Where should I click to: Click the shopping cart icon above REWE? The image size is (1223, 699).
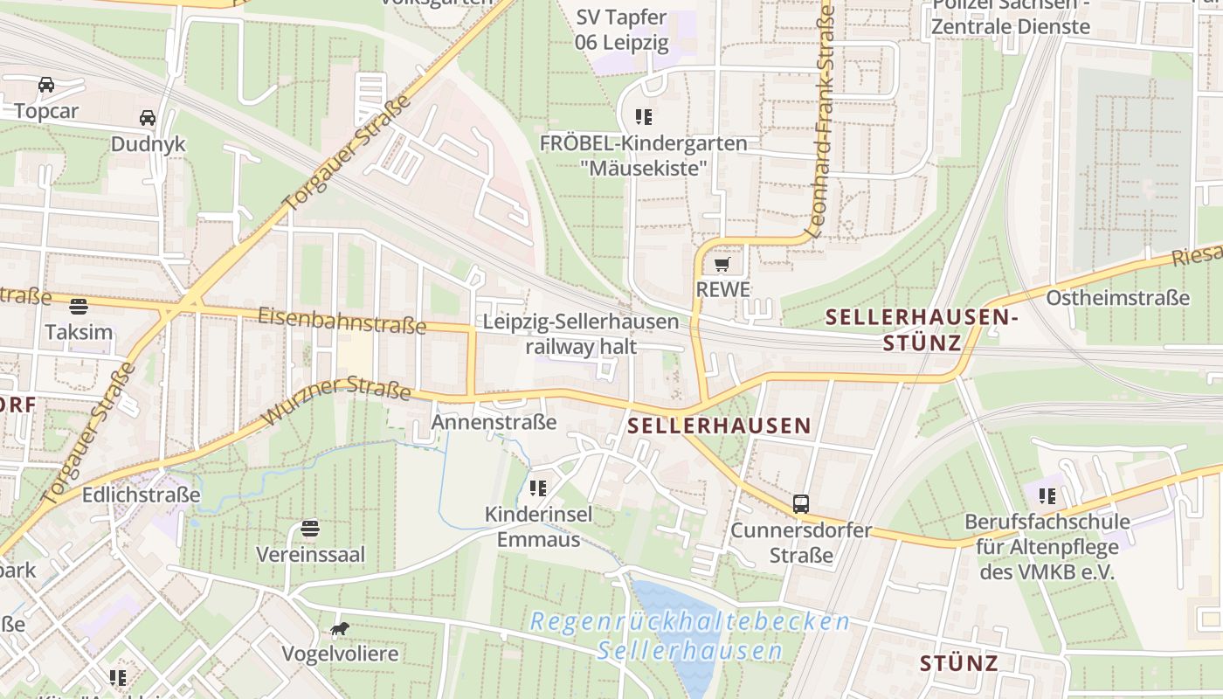tap(722, 264)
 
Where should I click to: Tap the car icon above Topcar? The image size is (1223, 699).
tap(46, 85)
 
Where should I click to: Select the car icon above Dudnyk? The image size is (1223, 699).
tap(148, 117)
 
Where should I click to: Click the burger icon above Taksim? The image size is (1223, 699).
tap(79, 306)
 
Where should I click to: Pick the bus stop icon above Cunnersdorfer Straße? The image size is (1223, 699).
tap(801, 503)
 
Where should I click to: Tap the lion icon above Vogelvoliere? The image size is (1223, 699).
tap(340, 628)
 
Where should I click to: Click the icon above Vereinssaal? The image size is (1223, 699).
tap(310, 529)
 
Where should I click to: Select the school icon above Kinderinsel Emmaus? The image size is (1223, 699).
tap(538, 488)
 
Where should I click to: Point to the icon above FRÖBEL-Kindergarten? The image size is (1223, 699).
tap(644, 116)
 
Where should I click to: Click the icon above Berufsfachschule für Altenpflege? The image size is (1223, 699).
tap(1047, 496)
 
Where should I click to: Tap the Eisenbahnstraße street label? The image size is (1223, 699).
tap(342, 321)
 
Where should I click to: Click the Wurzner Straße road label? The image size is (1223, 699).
tap(336, 399)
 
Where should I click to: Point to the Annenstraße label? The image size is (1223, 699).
tap(494, 423)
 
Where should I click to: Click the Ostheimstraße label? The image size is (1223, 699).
tap(1117, 297)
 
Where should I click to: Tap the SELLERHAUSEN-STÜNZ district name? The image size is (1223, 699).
tap(922, 329)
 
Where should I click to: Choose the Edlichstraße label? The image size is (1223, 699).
tap(142, 495)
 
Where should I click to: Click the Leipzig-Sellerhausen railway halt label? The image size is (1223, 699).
tap(581, 334)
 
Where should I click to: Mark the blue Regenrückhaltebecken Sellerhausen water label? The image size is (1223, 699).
tap(690, 636)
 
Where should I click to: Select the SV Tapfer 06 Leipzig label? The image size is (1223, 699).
tap(621, 30)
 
